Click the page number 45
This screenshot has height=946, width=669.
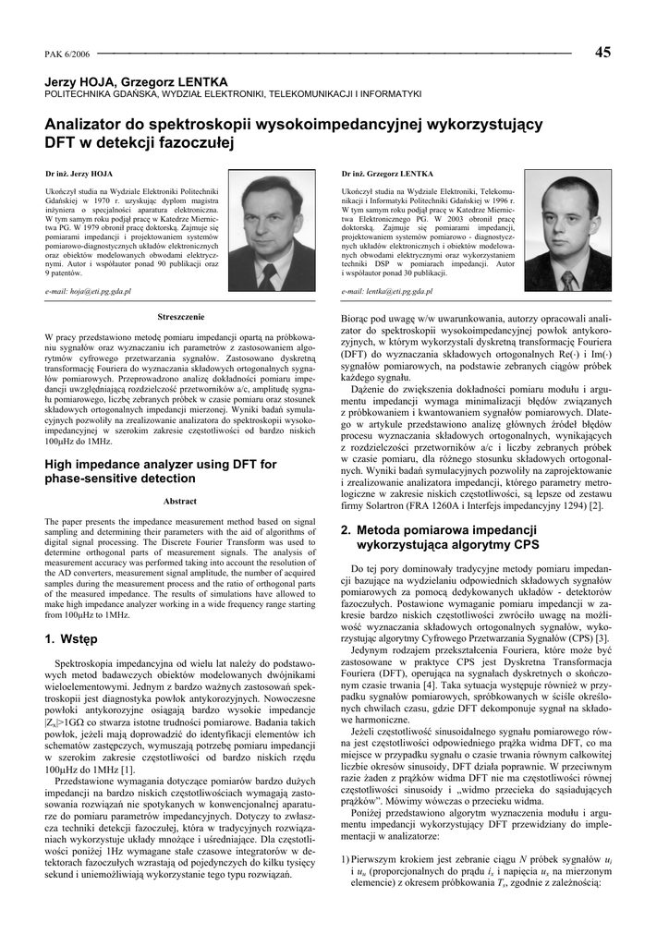(602, 52)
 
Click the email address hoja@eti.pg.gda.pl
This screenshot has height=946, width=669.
(89, 290)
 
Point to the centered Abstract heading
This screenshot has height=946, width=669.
(180, 502)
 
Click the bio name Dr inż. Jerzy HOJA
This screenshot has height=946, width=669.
(79, 173)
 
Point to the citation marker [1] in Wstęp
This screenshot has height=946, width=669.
(128, 769)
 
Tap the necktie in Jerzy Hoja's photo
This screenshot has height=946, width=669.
(268, 273)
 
